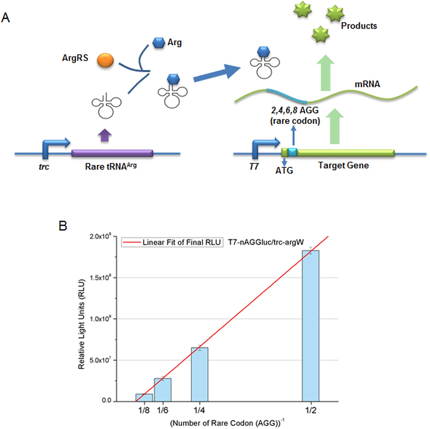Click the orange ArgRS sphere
point(105,60)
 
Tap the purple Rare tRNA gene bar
point(112,153)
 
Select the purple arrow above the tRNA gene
point(105,135)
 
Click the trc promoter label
point(44,167)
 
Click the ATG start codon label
point(284,170)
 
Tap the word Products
point(359,26)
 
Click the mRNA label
point(367,84)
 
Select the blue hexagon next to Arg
point(159,43)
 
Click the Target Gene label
point(343,165)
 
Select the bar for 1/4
point(200,374)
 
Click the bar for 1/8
point(144,398)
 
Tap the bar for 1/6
point(163,390)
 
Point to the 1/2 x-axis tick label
point(311,410)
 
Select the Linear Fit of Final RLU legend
point(172,242)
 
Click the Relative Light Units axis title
point(81,324)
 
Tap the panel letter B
point(63,226)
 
